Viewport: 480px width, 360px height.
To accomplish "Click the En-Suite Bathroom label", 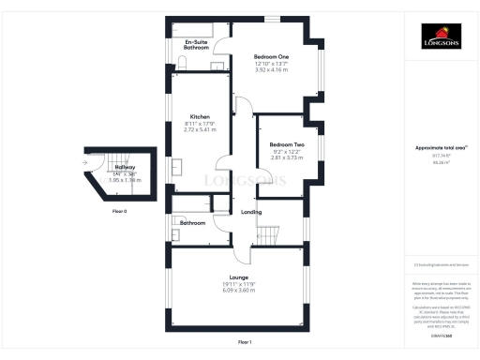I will click(196, 44).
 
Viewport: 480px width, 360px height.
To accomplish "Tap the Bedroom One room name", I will click(271, 56).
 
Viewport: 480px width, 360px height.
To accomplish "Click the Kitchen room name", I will click(200, 116).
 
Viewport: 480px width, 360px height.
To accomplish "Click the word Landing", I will click(251, 212).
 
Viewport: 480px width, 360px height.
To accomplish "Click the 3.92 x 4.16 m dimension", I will click(271, 71).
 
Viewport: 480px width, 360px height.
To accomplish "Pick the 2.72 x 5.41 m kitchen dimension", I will click(200, 129).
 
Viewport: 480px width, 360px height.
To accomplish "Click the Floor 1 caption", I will click(245, 341).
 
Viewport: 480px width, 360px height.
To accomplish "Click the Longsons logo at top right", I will click(439, 39).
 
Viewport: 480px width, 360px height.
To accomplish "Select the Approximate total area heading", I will click(439, 148).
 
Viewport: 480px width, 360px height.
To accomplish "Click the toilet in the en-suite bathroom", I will click(183, 62).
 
